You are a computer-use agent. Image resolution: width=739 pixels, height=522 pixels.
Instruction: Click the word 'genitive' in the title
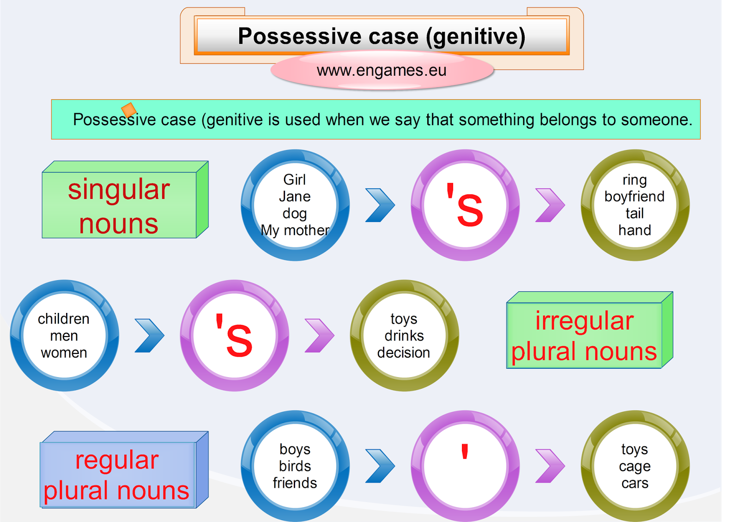(x=475, y=37)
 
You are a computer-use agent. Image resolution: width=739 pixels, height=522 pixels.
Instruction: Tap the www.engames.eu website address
(x=382, y=71)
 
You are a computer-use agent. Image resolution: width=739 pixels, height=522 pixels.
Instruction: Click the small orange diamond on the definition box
(x=129, y=110)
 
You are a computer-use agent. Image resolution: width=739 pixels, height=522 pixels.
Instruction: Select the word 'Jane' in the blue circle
(x=295, y=197)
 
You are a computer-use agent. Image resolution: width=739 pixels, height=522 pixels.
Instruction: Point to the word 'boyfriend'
(x=635, y=197)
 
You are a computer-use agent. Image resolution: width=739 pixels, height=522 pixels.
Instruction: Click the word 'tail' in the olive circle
(x=635, y=213)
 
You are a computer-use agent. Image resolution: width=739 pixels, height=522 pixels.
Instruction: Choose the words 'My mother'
(x=295, y=230)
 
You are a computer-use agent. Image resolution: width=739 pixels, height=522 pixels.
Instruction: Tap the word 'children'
(x=64, y=319)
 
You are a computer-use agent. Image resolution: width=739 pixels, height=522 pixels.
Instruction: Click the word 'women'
(x=64, y=353)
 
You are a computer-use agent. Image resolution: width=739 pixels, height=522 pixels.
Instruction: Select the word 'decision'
(x=404, y=353)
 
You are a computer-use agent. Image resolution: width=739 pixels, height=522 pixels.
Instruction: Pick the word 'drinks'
(x=404, y=336)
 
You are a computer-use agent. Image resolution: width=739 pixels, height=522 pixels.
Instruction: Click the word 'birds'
(x=295, y=466)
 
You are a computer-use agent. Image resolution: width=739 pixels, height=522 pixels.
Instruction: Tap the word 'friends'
(x=295, y=483)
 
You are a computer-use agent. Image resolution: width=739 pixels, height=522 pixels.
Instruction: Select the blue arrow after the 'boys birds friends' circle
(x=380, y=466)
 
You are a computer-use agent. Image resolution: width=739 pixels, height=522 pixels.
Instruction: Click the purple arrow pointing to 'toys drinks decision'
(x=319, y=336)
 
